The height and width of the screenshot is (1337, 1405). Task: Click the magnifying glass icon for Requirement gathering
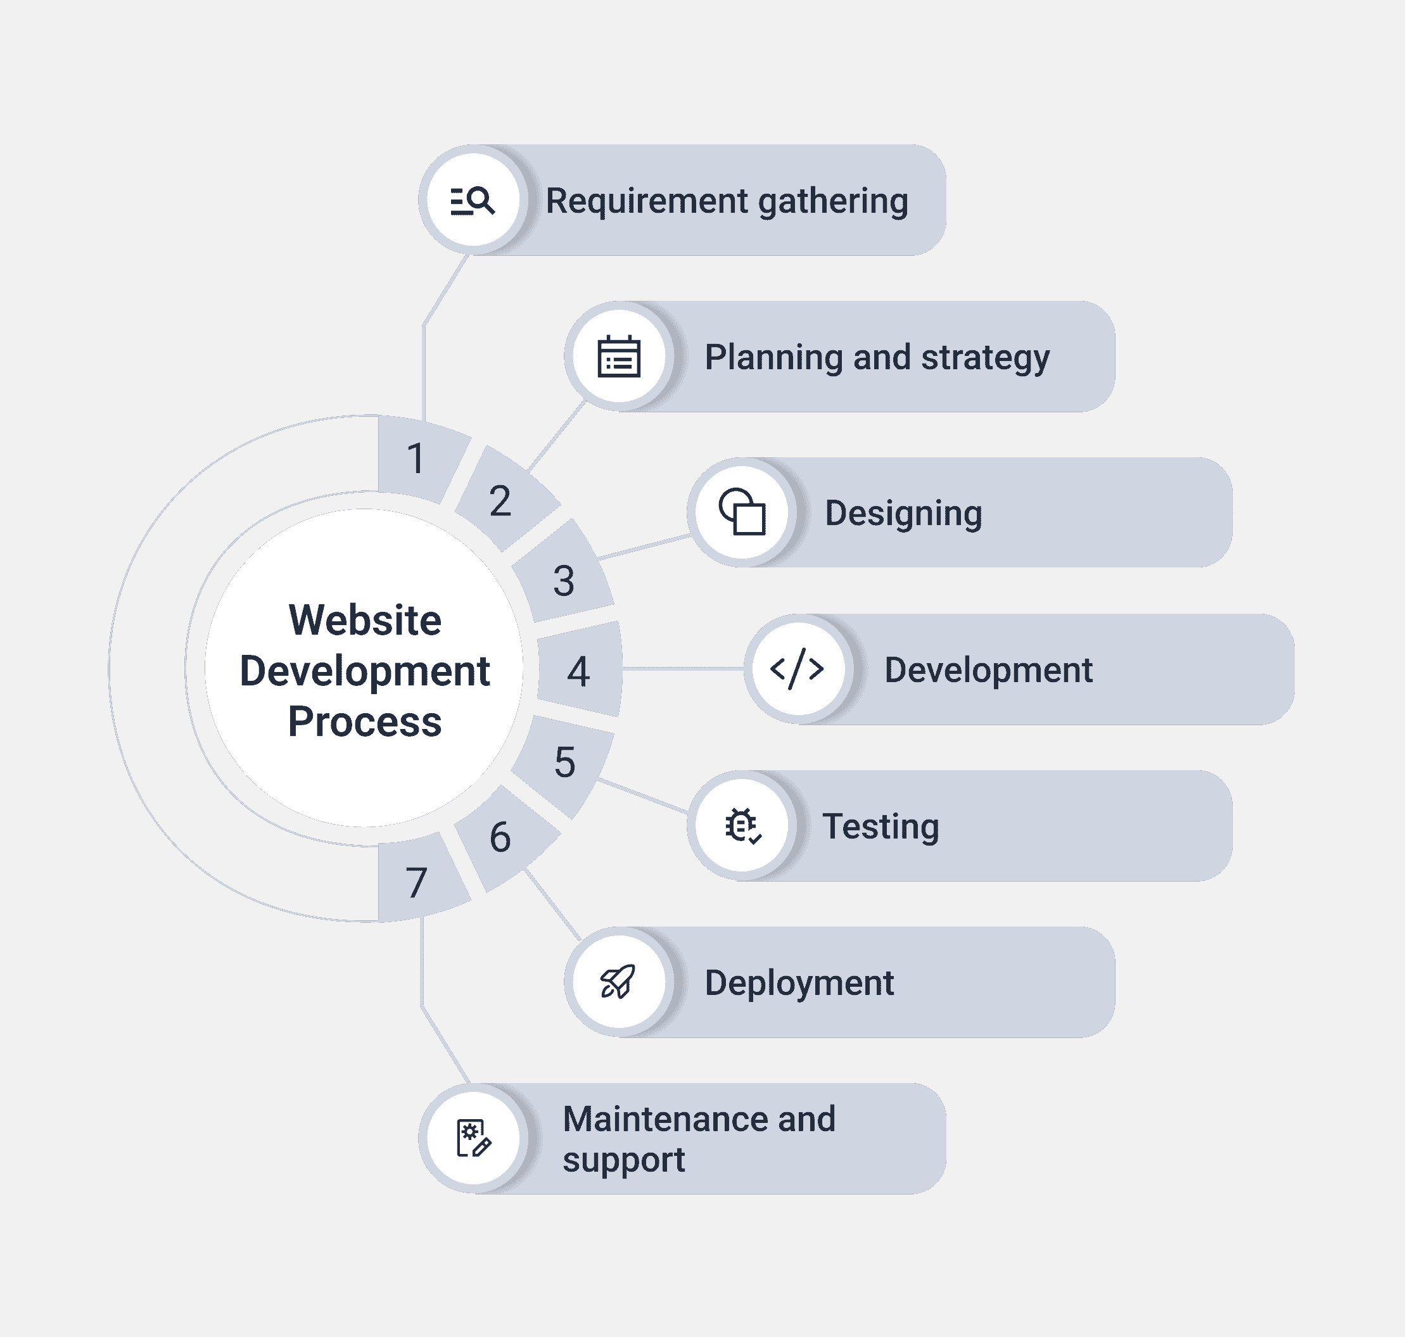pos(473,201)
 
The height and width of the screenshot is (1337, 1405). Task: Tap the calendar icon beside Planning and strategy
pos(619,357)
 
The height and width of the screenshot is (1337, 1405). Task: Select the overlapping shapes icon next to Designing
pos(742,512)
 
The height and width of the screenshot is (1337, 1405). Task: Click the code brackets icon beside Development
pos(797,669)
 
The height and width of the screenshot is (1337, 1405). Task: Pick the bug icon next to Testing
pos(742,825)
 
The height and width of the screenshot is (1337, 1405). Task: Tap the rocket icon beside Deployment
pos(618,982)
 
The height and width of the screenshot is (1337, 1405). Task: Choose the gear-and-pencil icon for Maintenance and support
pos(473,1138)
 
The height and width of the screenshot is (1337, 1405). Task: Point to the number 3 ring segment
pos(564,580)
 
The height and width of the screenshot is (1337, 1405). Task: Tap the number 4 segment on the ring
pos(579,671)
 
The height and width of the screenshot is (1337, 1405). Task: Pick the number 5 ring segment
pos(564,762)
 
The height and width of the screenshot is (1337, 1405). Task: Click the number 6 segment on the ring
pos(500,837)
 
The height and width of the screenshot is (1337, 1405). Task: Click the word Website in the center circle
pos(365,620)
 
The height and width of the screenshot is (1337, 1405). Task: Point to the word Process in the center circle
pos(365,721)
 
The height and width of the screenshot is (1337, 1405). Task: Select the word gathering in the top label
pos(832,201)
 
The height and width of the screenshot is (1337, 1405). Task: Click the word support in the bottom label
pos(623,1160)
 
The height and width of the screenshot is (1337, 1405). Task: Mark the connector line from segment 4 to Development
pos(683,669)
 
